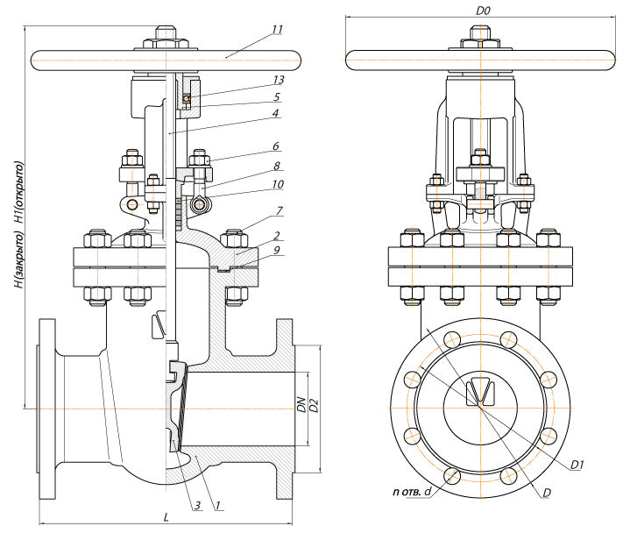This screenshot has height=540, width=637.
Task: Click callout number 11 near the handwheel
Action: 277,29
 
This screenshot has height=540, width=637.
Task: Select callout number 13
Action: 279,80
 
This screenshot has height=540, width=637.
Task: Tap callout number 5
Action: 277,96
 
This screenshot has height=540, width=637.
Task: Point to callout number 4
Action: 275,113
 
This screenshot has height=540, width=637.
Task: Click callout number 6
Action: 276,146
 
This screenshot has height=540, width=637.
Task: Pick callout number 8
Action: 277,166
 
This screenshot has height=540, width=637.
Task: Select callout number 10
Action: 278,184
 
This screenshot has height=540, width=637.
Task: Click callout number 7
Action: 280,210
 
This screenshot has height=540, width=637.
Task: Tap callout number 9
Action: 277,250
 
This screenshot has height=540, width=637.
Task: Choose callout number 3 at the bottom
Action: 197,506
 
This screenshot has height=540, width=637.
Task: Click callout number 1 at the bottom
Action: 217,505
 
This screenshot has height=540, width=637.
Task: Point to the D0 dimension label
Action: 483,11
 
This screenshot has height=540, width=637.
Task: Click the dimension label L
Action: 166,517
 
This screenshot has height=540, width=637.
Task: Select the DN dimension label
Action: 301,404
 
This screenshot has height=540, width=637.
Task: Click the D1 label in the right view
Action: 577,465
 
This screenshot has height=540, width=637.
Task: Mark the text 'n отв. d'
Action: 412,491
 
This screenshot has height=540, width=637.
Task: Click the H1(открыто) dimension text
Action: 19,192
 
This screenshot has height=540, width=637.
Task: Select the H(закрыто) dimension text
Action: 19,259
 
